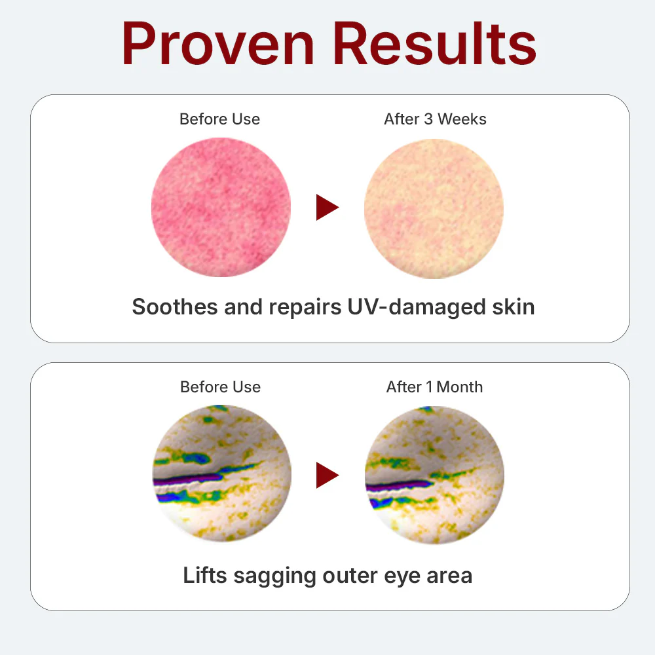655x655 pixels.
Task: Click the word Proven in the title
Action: (x=217, y=44)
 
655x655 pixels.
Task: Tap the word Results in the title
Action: (x=434, y=44)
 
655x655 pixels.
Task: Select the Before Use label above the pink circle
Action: (x=219, y=119)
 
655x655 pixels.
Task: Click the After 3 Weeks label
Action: (x=436, y=119)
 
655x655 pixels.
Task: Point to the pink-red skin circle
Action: (x=221, y=207)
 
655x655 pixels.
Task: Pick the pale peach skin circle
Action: (x=434, y=208)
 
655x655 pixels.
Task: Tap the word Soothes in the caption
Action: (x=175, y=307)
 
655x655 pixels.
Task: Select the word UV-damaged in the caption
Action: (x=417, y=307)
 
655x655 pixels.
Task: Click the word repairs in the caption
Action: (x=305, y=308)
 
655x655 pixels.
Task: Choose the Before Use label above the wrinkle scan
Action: (x=220, y=387)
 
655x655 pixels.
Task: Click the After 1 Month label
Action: (x=434, y=387)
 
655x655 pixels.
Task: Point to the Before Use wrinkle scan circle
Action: (x=222, y=474)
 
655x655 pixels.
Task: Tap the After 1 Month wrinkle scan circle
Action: (x=434, y=475)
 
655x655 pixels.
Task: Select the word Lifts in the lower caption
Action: (x=205, y=575)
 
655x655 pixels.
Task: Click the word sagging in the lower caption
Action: (x=275, y=576)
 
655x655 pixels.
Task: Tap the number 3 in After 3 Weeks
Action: (x=428, y=119)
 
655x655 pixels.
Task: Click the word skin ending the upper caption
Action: (x=514, y=307)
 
